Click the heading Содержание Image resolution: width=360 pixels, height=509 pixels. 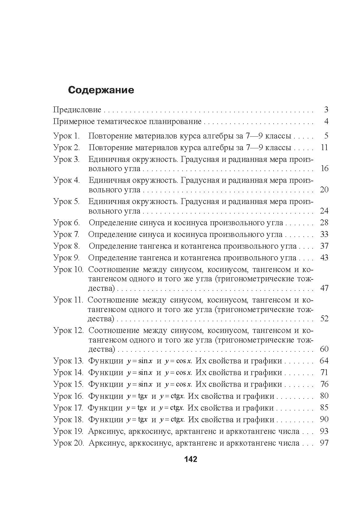[101, 90]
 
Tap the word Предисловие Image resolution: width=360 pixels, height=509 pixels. [77, 110]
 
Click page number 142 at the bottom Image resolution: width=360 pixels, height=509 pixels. [190, 459]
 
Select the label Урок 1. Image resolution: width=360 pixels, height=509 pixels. [66, 136]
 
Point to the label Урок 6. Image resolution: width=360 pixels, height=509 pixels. [66, 223]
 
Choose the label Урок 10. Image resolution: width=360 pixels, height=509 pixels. [68, 270]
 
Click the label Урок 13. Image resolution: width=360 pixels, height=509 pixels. [68, 361]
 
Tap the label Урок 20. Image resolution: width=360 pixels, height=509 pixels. [68, 443]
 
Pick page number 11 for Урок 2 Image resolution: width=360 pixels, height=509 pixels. [324, 148]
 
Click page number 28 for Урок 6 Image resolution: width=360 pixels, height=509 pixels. [324, 223]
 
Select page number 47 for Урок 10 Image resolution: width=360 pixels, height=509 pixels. [324, 288]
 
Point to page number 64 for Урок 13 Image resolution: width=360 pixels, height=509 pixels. [324, 361]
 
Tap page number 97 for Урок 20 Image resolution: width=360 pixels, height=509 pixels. [324, 443]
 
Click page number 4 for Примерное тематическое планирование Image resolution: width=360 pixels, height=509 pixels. [326, 122]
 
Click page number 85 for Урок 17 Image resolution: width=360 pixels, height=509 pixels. [324, 408]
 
